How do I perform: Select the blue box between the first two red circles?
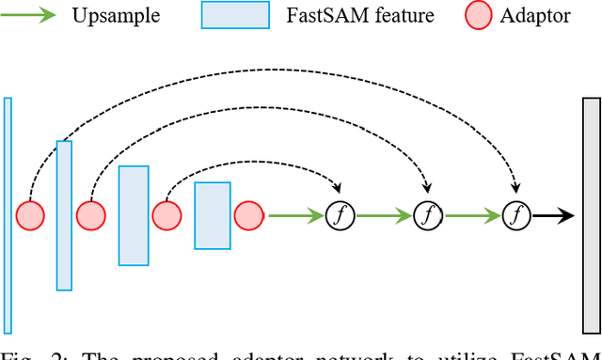pos(64,215)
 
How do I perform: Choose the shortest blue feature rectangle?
pos(213,215)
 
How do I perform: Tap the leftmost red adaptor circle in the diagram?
pos(30,215)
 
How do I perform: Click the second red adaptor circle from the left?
pos(90,215)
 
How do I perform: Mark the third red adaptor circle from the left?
pos(167,215)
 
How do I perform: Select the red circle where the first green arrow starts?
pos(249,215)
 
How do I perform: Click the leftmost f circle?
pos(339,215)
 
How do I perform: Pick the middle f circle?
pos(427,215)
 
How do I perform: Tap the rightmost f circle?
pos(515,215)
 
